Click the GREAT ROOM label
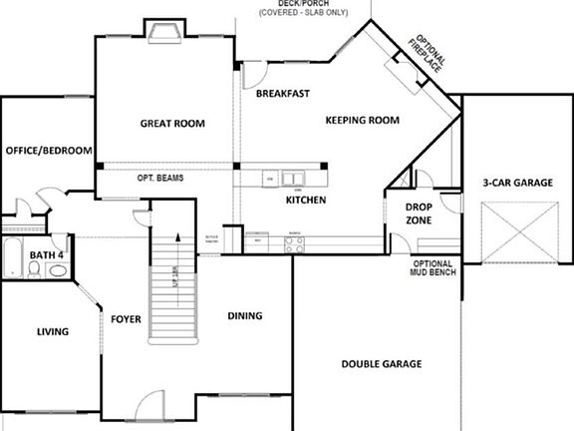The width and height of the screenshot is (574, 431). point(171,124)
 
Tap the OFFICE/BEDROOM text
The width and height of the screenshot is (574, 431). point(49,151)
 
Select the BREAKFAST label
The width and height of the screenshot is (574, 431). point(282,94)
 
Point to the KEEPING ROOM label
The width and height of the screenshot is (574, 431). point(362,121)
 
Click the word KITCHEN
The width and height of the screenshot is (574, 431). point(306,201)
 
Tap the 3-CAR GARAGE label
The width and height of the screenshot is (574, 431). point(517,184)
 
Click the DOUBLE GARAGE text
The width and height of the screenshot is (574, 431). point(382,364)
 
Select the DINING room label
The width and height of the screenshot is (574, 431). point(244,316)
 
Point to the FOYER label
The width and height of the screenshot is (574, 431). point(126,319)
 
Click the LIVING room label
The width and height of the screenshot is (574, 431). point(52,331)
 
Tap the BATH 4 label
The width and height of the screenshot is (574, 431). point(46,255)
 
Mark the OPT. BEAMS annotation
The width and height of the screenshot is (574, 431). point(159,179)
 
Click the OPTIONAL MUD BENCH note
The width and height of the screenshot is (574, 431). point(432,268)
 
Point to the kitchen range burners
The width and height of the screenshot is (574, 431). point(295,242)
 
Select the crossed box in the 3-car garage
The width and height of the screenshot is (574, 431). point(518,232)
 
